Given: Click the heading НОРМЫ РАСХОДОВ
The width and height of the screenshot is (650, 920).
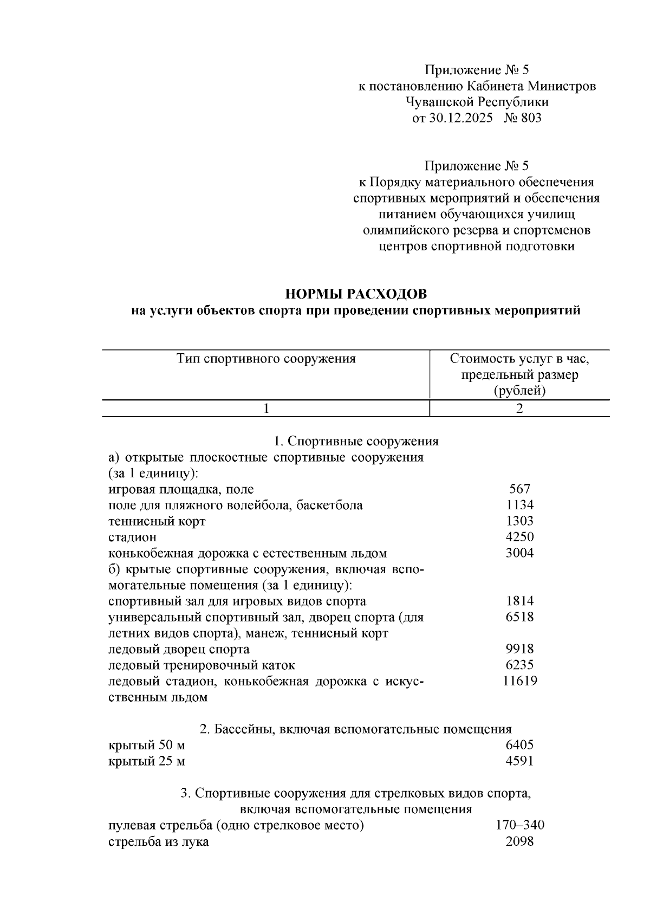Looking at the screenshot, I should point(356,294).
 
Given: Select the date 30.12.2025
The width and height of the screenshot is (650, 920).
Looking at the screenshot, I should point(460,118).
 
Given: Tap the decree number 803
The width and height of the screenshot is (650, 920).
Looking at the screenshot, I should point(530,118).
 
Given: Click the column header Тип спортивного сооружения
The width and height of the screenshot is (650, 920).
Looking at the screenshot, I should point(266,359).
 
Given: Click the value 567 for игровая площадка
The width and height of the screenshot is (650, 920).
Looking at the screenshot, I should point(519,489).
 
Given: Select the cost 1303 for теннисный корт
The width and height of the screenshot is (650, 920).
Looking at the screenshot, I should point(519,521).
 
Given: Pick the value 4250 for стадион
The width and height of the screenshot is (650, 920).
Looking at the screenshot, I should point(519,537).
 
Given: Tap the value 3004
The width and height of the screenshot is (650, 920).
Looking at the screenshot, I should point(519,553).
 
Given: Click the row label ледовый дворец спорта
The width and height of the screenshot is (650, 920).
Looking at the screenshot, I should point(179,649).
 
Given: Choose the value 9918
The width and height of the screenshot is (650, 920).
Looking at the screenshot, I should point(519,649).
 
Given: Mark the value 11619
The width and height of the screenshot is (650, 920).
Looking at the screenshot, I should point(519,681).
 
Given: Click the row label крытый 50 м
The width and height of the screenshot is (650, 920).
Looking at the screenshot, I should point(147,746).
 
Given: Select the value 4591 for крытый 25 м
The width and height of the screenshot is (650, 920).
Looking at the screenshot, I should point(519,761).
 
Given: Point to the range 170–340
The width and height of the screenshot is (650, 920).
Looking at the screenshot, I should point(519,826).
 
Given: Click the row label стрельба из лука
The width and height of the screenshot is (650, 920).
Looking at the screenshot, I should point(158,842).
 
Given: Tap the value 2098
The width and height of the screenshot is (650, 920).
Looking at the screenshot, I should point(519,842).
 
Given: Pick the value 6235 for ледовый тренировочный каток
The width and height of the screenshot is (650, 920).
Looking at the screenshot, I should point(519,665).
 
